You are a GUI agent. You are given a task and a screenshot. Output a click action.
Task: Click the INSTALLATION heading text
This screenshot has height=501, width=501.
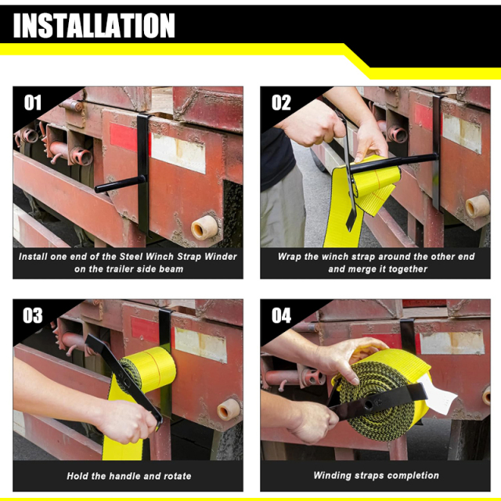click(94, 25)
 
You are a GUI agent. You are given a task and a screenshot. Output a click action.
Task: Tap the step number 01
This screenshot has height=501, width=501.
click(32, 103)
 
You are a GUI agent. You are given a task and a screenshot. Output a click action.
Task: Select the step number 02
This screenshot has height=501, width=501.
click(281, 103)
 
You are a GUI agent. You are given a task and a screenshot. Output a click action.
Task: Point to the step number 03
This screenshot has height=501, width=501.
click(32, 315)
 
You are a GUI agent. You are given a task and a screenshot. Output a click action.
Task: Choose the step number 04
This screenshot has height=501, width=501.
click(281, 315)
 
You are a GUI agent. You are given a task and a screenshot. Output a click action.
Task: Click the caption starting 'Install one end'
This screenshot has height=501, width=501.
click(128, 262)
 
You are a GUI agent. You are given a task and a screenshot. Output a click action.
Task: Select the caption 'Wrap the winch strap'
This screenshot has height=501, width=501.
click(377, 262)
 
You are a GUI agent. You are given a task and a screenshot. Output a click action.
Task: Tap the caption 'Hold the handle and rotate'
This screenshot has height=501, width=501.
click(128, 475)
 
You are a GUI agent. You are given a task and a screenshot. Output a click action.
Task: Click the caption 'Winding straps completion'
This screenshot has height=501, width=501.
click(377, 475)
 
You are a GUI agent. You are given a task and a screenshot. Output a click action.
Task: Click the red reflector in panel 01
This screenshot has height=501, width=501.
click(122, 137)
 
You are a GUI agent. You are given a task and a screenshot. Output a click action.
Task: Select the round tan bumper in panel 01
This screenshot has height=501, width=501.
click(204, 227)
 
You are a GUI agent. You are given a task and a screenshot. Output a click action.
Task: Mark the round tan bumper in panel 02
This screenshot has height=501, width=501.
click(477, 206)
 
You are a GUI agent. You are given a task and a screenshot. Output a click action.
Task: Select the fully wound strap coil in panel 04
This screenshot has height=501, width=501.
click(384, 387)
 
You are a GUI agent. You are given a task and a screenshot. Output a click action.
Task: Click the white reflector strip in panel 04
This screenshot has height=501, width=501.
click(452, 342)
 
